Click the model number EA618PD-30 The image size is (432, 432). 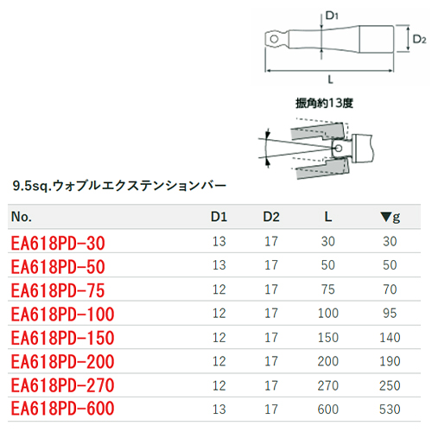pyautogui.click(x=58, y=243)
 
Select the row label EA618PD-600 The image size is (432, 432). pyautogui.click(x=62, y=409)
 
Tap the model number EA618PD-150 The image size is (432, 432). pyautogui.click(x=62, y=338)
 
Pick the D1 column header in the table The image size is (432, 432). pyautogui.click(x=219, y=217)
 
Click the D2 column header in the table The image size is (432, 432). pyautogui.click(x=271, y=217)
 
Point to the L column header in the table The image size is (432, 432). pyautogui.click(x=328, y=217)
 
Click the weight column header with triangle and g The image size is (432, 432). pyautogui.click(x=390, y=218)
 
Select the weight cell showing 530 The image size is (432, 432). pyautogui.click(x=390, y=410)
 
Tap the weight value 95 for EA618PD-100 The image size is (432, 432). pyautogui.click(x=390, y=314)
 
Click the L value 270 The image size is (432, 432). pyautogui.click(x=328, y=385)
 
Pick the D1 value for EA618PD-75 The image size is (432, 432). pyautogui.click(x=219, y=289)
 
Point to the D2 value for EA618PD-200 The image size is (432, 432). pyautogui.click(x=271, y=361)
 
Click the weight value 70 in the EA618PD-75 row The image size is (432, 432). pyautogui.click(x=390, y=289)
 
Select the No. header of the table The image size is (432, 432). pyautogui.click(x=22, y=217)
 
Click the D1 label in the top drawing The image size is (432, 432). pyautogui.click(x=332, y=16)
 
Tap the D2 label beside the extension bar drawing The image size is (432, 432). pyautogui.click(x=419, y=39)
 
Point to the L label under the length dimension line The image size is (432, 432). pyautogui.click(x=330, y=79)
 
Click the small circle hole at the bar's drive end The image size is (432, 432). pyautogui.click(x=274, y=39)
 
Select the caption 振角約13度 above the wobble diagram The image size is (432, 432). pyautogui.click(x=324, y=103)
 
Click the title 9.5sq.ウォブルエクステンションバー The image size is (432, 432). pyautogui.click(x=119, y=186)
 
